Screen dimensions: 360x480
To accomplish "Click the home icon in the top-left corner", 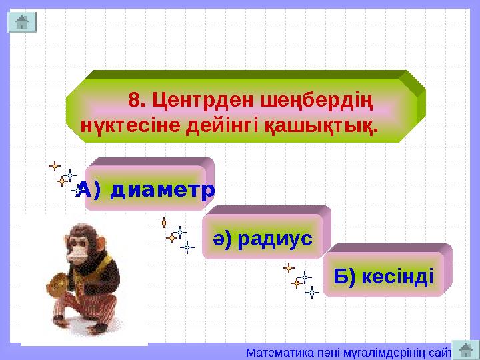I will (21, 22).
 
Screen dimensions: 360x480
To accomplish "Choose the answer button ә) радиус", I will (263, 237).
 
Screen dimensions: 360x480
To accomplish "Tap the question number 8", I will (137, 102).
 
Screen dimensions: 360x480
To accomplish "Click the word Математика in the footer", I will (273, 351).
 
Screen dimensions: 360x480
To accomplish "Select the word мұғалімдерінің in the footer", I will (376, 351).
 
